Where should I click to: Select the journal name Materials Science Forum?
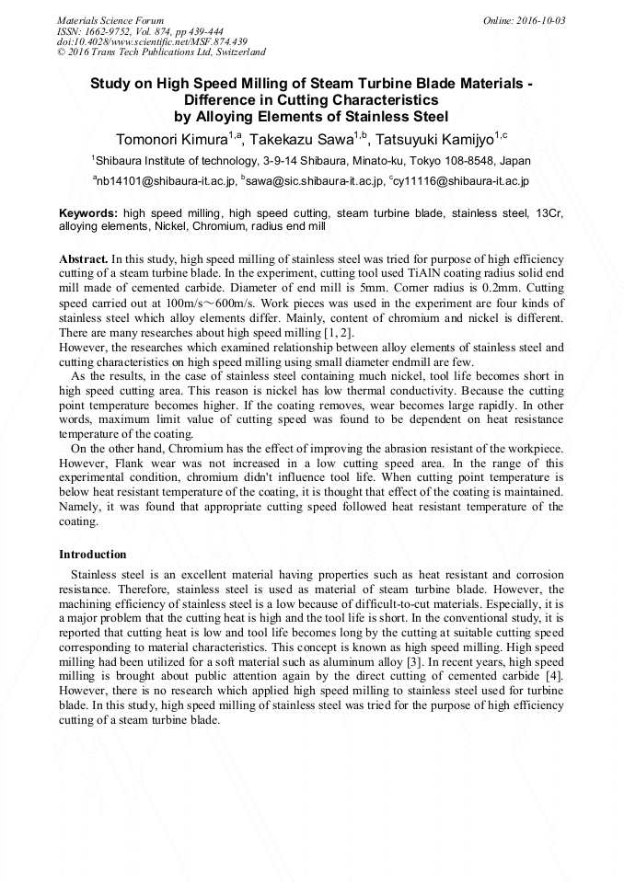tap(110, 20)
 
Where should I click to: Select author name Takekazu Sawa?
tap(298, 139)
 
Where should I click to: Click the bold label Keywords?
tap(88, 212)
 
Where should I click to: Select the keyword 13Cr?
tap(549, 212)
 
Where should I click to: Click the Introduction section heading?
tap(93, 555)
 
